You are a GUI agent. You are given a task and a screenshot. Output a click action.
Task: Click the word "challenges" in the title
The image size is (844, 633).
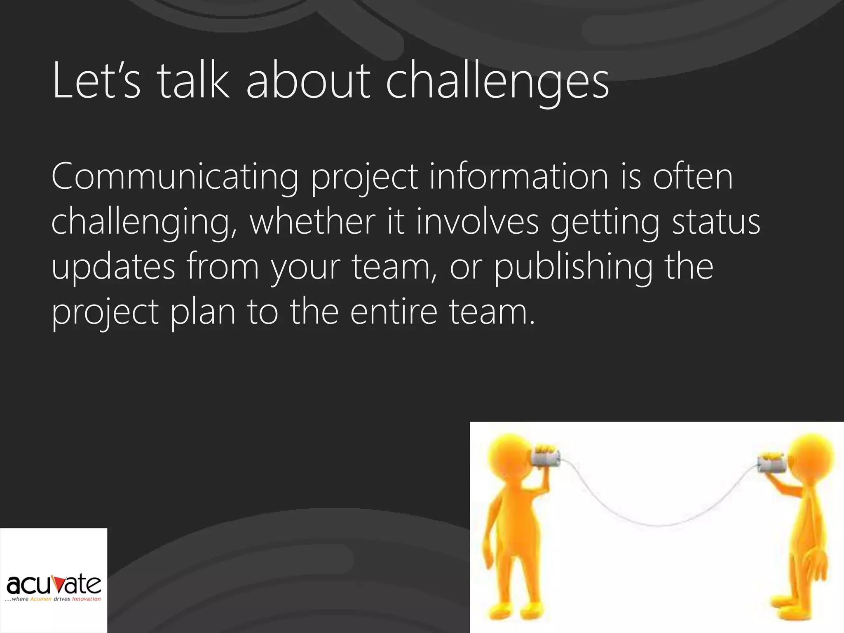497,81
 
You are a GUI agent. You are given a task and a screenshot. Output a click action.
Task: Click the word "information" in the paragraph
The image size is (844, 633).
519,176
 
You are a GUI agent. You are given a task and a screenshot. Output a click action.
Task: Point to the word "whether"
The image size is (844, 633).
312,222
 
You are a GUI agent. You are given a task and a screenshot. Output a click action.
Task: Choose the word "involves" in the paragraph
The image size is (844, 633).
478,222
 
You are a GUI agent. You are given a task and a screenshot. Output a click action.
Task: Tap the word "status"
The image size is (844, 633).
716,222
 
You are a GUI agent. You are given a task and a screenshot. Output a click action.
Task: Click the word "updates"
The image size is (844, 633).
113,267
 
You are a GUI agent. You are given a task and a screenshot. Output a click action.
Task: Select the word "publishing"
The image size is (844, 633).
573,267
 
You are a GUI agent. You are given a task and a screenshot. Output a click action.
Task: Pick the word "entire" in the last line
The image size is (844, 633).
394,312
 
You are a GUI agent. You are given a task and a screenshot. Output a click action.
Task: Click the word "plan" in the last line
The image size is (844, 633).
203,313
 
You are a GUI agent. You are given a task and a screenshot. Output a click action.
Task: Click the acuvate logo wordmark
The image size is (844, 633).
54,584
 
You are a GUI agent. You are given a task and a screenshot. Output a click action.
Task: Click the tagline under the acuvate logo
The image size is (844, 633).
53,599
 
